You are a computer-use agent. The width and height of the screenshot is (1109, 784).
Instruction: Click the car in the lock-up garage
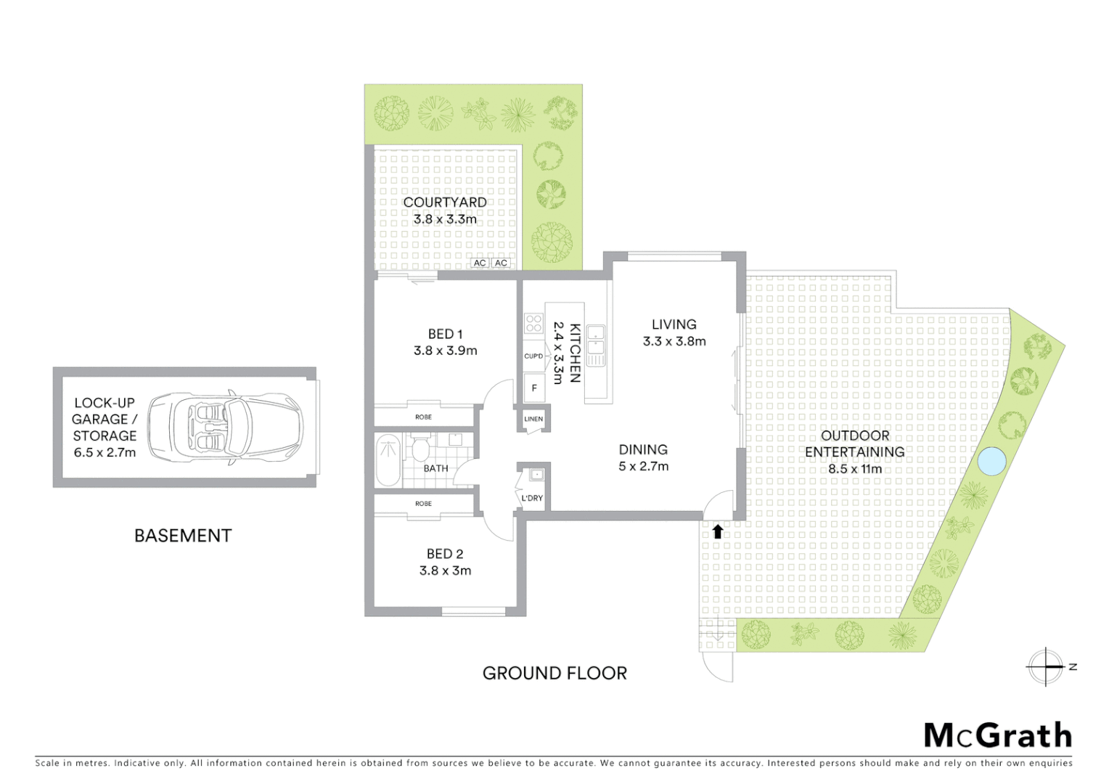pyautogui.click(x=225, y=428)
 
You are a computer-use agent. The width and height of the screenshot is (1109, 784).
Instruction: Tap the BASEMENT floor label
pyautogui.click(x=183, y=536)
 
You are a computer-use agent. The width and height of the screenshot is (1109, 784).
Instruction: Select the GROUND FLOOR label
pyautogui.click(x=554, y=673)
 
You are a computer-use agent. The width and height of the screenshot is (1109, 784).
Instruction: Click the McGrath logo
pyautogui.click(x=997, y=735)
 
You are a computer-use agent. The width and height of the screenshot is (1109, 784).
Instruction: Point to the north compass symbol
pyautogui.click(x=1046, y=666)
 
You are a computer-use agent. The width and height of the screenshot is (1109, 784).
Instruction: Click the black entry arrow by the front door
pyautogui.click(x=718, y=531)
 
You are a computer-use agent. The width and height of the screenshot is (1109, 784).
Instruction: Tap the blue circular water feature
pyautogui.click(x=991, y=461)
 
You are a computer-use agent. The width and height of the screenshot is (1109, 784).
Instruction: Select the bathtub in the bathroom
pyautogui.click(x=388, y=460)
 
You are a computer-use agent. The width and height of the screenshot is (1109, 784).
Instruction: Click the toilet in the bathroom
pyautogui.click(x=420, y=448)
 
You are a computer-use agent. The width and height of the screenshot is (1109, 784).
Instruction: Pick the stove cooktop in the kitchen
pyautogui.click(x=534, y=323)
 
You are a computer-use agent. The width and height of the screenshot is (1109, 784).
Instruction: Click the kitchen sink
pyautogui.click(x=596, y=346)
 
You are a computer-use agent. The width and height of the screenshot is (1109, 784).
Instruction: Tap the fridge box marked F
pyautogui.click(x=534, y=388)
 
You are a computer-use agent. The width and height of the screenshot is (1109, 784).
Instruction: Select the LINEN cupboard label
pyautogui.click(x=533, y=419)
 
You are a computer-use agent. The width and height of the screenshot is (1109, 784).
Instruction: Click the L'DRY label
pyautogui.click(x=532, y=498)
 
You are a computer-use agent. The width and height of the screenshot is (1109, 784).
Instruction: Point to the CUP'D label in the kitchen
pyautogui.click(x=533, y=356)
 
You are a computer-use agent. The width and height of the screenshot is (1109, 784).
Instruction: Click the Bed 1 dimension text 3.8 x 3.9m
pyautogui.click(x=445, y=351)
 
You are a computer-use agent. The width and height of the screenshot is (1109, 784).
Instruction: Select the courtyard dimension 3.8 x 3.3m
pyautogui.click(x=445, y=219)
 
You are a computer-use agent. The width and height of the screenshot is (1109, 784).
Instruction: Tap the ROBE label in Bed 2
pyautogui.click(x=423, y=503)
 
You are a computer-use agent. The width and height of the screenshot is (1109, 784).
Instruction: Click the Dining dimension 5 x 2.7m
pyautogui.click(x=643, y=467)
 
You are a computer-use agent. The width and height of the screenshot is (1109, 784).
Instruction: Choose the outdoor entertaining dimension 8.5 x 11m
pyautogui.click(x=855, y=469)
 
